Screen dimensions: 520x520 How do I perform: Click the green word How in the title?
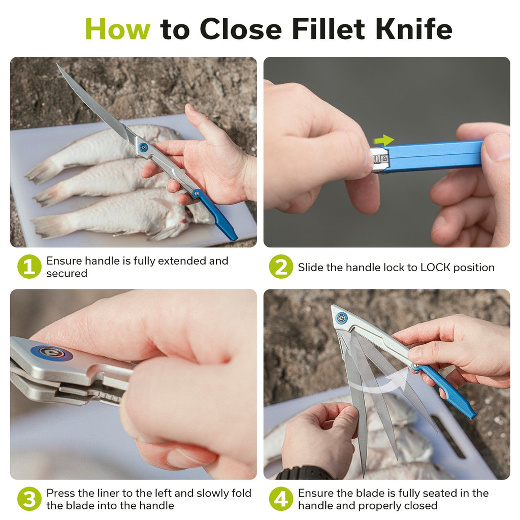pyautogui.click(x=118, y=29)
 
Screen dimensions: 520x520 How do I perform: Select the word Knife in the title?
pyautogui.click(x=414, y=29)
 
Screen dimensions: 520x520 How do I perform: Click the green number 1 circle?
pyautogui.click(x=29, y=267)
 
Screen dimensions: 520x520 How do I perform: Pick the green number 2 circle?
pyautogui.click(x=281, y=267)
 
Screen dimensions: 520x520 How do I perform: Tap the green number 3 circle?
pyautogui.click(x=29, y=499)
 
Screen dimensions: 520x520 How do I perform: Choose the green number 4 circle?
pyautogui.click(x=281, y=499)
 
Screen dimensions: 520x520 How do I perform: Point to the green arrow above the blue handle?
pyautogui.click(x=384, y=140)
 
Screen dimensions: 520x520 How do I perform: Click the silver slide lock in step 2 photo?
pyautogui.click(x=380, y=160)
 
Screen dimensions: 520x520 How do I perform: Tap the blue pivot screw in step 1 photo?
pyautogui.click(x=143, y=148)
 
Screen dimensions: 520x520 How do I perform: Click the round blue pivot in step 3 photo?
pyautogui.click(x=52, y=353)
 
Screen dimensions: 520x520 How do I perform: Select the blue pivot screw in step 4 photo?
pyautogui.click(x=341, y=318)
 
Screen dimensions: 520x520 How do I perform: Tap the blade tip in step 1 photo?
pyautogui.click(x=57, y=64)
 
